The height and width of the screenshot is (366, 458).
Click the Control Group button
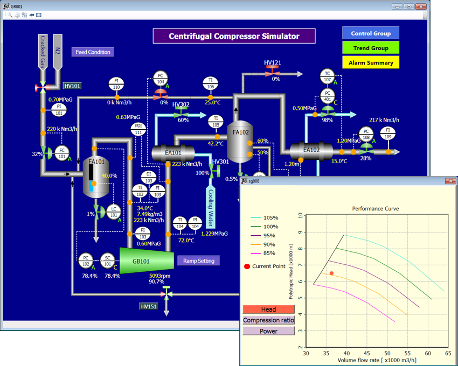[x=371, y=33]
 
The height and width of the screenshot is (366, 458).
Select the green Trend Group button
[x=371, y=48]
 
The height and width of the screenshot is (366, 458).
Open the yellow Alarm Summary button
[x=371, y=62]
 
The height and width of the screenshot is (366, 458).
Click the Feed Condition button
[x=93, y=52]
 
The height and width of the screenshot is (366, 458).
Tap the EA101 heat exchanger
[x=172, y=153]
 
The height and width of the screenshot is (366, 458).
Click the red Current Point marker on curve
[x=331, y=273]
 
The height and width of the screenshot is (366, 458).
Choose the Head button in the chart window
[x=268, y=309]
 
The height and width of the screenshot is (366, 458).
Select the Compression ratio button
[x=268, y=320]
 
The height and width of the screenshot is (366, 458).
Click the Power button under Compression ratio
[x=268, y=331]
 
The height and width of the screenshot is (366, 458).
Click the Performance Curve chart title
[x=372, y=208]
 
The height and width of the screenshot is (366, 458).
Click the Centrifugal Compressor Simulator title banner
[x=234, y=37]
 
